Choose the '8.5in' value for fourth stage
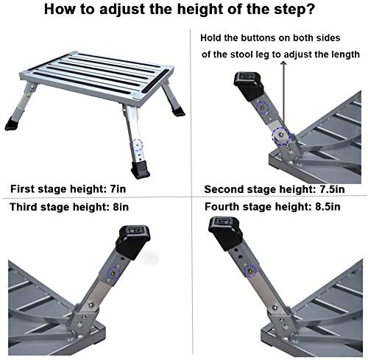(327, 208)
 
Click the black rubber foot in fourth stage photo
(225, 241)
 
